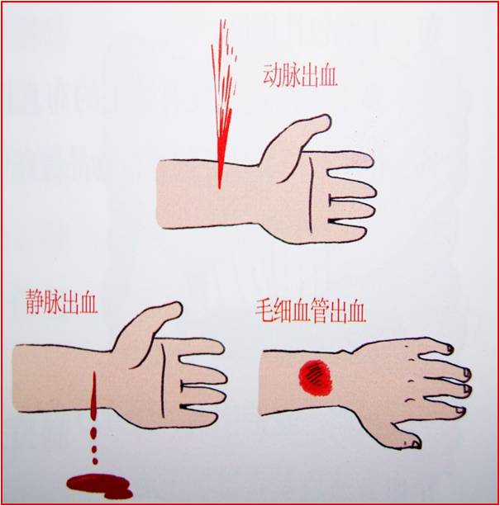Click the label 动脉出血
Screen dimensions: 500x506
pyautogui.click(x=300, y=75)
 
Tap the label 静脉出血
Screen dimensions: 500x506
pyautogui.click(x=62, y=302)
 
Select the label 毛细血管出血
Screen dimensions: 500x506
pyautogui.click(x=311, y=311)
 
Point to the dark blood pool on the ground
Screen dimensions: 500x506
pyautogui.click(x=99, y=486)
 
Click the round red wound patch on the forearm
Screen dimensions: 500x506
pyautogui.click(x=316, y=377)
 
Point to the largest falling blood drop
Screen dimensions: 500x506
pyautogui.click(x=94, y=433)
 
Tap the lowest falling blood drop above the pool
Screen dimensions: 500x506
pyautogui.click(x=95, y=461)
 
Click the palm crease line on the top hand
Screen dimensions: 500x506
pyautogui.click(x=311, y=195)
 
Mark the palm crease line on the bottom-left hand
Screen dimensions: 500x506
pyautogui.click(x=164, y=381)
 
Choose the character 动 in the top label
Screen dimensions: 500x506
pyautogui.click(x=272, y=75)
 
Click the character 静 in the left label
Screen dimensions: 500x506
pyautogui.click(x=34, y=302)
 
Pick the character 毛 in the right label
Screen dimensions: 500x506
pyautogui.click(x=264, y=311)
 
